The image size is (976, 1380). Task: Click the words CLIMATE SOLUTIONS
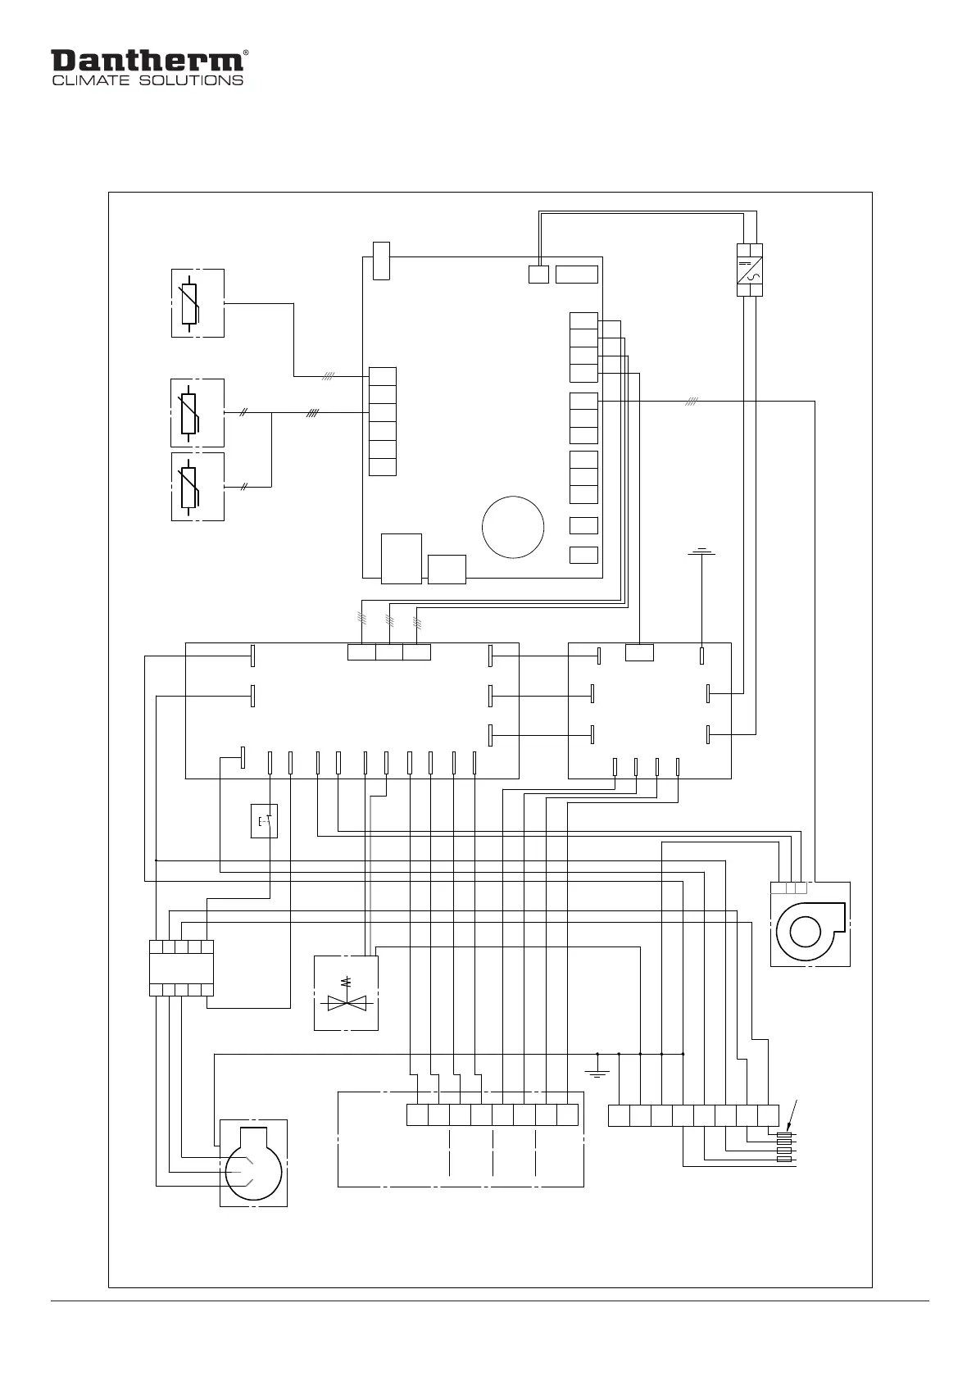click(x=148, y=80)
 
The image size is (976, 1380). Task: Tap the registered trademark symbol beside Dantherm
click(x=246, y=53)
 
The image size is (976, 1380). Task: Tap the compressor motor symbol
click(x=253, y=1164)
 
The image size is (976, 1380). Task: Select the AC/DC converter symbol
click(x=750, y=270)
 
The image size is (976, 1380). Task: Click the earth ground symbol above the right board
click(x=702, y=553)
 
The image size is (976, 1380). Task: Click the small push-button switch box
click(x=264, y=821)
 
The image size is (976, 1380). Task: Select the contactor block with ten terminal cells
click(x=182, y=968)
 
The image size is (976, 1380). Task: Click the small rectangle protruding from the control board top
click(x=381, y=261)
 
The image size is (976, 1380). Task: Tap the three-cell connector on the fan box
click(x=789, y=887)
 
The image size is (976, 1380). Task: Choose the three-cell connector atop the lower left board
click(x=389, y=652)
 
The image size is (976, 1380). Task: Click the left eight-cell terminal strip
click(x=493, y=1115)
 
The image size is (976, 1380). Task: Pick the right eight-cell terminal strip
click(x=693, y=1115)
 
